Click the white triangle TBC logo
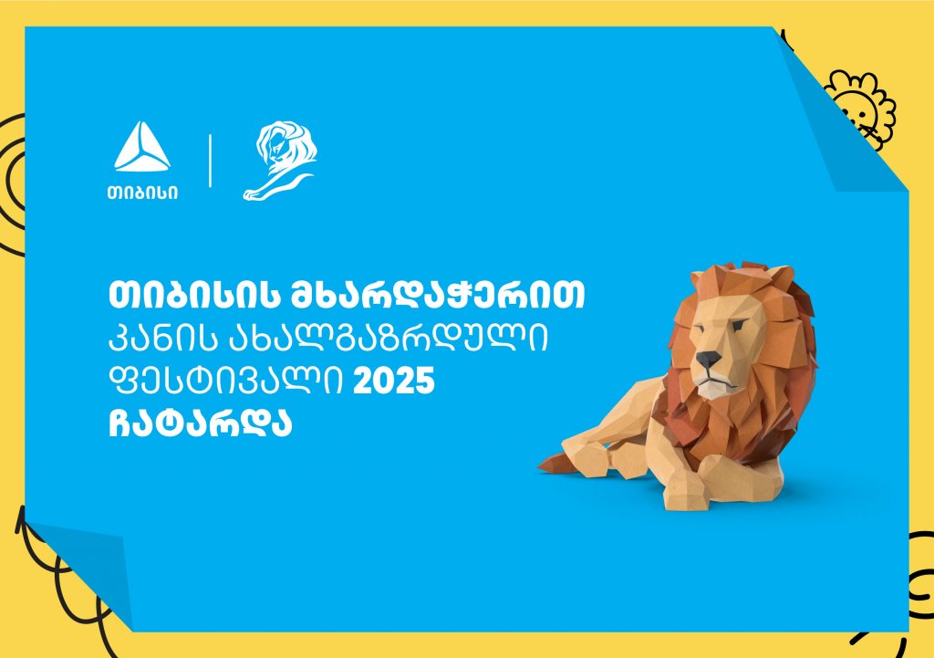point(141,148)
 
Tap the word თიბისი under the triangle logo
point(142,193)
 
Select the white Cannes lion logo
point(279,161)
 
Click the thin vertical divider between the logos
point(211,161)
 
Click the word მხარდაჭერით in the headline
point(438,295)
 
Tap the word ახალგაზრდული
point(389,339)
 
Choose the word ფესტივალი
point(226,381)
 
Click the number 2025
point(394,381)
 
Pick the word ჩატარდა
point(200,422)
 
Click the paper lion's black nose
point(708,360)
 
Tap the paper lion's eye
point(739,326)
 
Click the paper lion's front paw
point(685,495)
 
